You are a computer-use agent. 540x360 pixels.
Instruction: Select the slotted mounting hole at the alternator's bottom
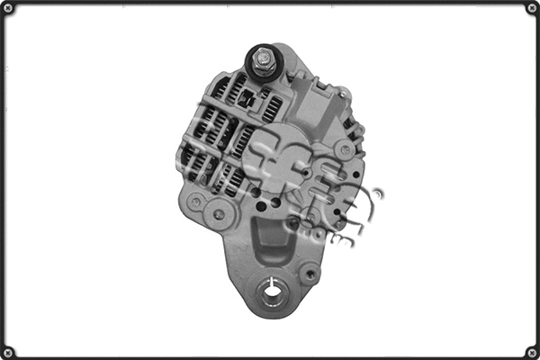[273, 290]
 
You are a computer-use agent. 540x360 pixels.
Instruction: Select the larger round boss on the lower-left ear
[218, 214]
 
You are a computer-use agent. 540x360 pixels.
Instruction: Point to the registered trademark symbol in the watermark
[377, 193]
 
